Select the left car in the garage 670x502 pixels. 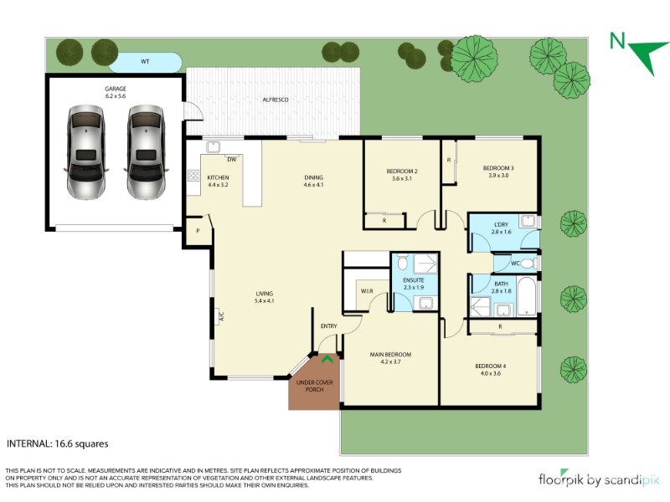[85, 153]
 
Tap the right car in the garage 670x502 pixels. [146, 153]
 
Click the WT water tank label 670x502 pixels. [145, 61]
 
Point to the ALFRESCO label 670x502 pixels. [276, 100]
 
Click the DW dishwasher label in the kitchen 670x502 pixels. [232, 160]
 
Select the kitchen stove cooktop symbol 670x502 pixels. [193, 176]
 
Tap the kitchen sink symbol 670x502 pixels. [213, 147]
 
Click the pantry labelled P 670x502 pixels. [198, 231]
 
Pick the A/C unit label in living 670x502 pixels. [221, 317]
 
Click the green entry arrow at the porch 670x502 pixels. [327, 360]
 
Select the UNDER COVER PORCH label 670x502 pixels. [315, 386]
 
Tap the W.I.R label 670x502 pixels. [367, 291]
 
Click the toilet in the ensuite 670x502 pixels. [403, 262]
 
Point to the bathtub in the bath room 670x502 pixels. [527, 296]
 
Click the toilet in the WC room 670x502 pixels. [529, 264]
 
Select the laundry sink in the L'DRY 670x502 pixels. [528, 221]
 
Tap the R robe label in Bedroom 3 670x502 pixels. [449, 160]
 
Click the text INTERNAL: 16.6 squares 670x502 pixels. [58, 444]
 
